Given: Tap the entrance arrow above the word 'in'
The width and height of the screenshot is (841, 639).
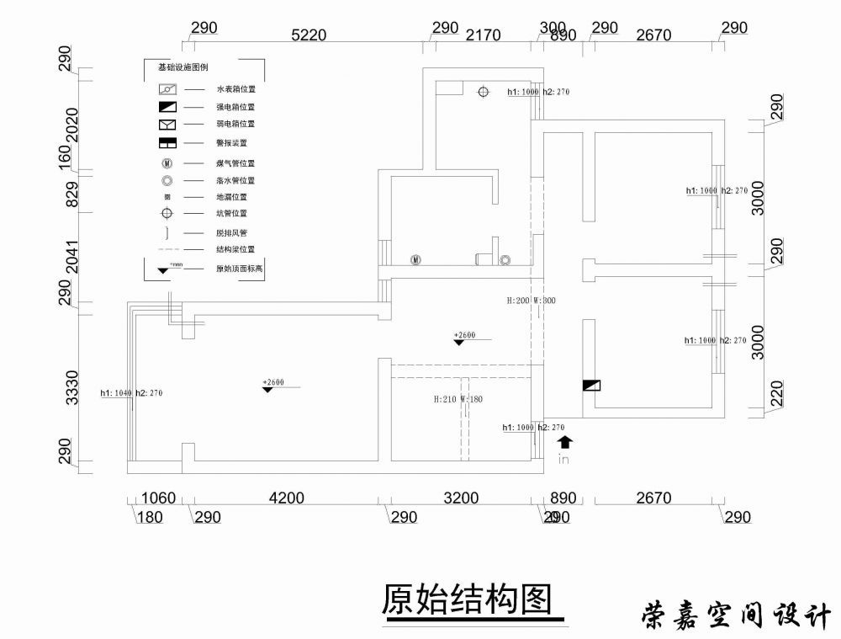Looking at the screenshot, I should pos(564,440).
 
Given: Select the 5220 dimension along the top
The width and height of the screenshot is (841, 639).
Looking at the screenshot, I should pos(308,35).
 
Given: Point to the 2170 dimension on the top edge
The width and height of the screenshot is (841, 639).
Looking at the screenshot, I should pos(483,35).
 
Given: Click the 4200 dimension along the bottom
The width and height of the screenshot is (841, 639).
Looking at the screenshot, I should pos(286,498).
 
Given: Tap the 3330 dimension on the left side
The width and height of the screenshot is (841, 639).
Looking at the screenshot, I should pos(72,386).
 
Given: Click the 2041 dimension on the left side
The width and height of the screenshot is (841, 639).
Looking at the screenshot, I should pos(72,257).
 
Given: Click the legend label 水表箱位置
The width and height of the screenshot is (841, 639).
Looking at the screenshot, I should pos(235,88).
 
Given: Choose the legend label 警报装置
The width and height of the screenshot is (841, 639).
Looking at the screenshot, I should pos(231,143).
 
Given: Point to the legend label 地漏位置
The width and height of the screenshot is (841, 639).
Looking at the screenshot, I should pos(231,196).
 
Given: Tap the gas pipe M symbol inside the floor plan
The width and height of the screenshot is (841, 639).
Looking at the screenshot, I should pos(415,259).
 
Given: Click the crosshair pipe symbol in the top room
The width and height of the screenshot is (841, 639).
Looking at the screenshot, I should pos(483,92).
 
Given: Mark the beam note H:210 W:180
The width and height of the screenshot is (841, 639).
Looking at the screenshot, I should pos(458,399).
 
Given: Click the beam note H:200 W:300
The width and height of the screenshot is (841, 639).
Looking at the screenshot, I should pos(531,300).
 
